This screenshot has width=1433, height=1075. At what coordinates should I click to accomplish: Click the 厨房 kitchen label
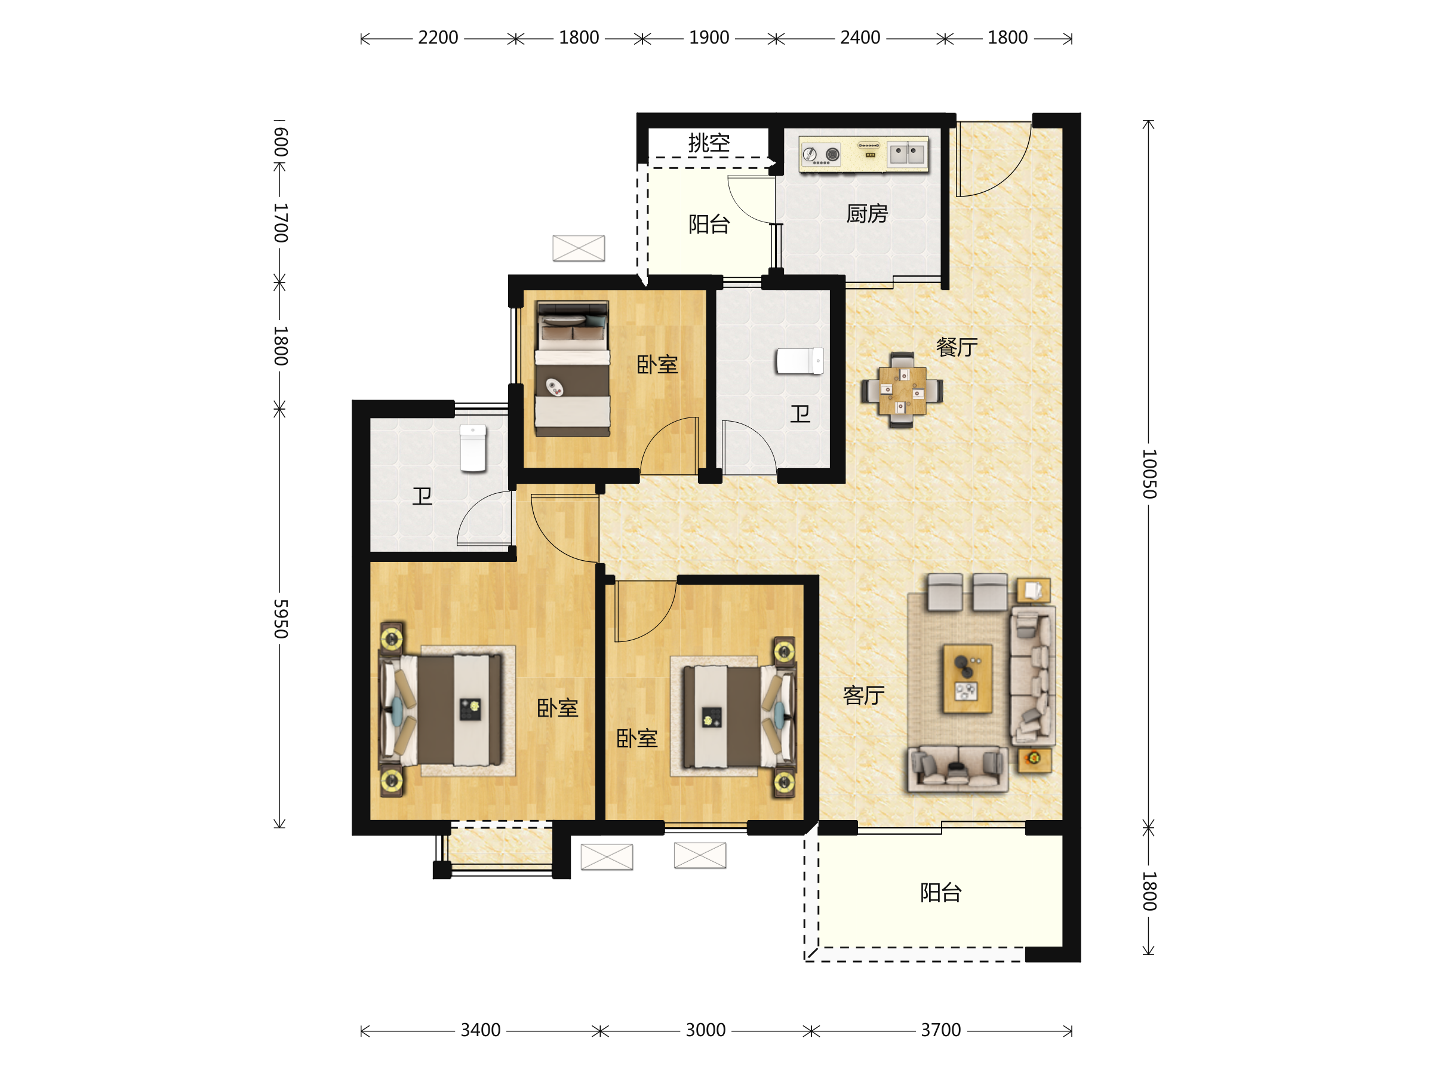click(867, 213)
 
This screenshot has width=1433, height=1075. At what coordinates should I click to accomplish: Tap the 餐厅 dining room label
click(957, 348)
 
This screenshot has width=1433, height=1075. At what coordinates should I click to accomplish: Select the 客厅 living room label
click(863, 695)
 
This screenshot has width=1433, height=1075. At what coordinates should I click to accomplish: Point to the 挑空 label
click(709, 143)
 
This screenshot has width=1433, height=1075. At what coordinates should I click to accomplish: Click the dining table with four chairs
click(902, 390)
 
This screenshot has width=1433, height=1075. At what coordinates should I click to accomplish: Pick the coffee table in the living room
click(968, 678)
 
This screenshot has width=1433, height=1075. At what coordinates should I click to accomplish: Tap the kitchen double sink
click(907, 154)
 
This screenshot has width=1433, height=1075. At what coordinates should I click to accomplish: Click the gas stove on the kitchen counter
click(822, 154)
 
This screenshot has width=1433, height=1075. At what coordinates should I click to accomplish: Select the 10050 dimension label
click(1149, 474)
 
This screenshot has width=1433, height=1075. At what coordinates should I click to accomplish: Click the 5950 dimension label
click(280, 619)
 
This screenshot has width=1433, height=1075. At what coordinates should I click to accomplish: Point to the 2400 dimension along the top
click(860, 38)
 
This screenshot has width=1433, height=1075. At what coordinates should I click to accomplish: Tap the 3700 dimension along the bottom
click(940, 1030)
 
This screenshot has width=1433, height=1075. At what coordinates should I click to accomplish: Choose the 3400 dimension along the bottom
click(480, 1030)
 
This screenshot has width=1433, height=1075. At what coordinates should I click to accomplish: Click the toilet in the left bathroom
click(473, 449)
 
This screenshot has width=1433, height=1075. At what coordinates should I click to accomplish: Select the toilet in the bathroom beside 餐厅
click(800, 361)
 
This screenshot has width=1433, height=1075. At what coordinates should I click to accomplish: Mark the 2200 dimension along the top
click(438, 38)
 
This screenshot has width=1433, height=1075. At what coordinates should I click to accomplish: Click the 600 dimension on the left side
click(280, 142)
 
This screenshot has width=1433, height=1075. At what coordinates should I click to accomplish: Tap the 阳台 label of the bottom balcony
click(940, 892)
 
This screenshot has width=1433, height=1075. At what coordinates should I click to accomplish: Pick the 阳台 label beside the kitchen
click(709, 224)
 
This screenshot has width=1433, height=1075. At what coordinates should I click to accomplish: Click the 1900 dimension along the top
click(709, 38)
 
